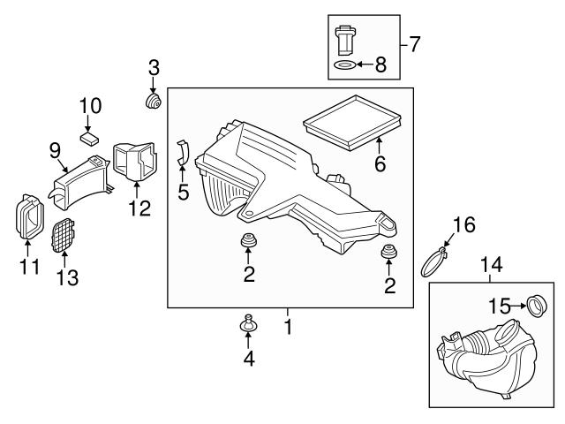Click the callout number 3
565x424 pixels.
(154, 66)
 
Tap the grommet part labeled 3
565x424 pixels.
(154, 103)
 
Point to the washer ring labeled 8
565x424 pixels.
(346, 65)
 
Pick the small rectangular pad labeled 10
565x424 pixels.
(89, 137)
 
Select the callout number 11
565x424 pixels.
(30, 266)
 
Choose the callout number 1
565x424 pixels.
(286, 326)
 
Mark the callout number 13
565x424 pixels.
(68, 278)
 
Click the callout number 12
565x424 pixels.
(139, 209)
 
